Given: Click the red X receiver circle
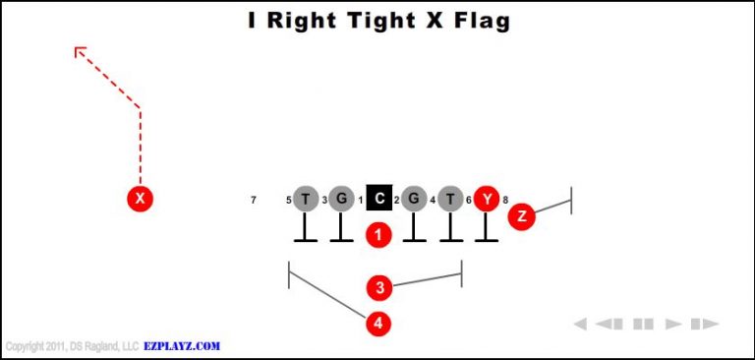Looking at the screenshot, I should click(x=141, y=199).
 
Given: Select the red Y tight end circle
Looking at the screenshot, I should click(x=487, y=199).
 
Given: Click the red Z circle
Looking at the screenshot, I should click(x=521, y=217).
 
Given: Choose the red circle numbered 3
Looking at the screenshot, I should click(x=379, y=287).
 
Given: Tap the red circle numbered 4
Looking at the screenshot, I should click(x=378, y=323).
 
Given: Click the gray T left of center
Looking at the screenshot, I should click(x=306, y=199).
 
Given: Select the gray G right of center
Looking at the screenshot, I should click(x=414, y=199).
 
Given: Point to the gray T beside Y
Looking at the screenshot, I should click(x=450, y=199).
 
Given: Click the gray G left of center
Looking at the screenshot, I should click(x=341, y=199).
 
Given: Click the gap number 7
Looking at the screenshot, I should click(x=254, y=201).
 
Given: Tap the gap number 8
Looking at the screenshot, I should click(x=505, y=201).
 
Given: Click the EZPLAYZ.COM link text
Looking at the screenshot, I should click(x=182, y=346).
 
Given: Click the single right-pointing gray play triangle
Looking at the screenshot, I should click(x=673, y=324).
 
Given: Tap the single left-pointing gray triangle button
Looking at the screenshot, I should click(x=581, y=324).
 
